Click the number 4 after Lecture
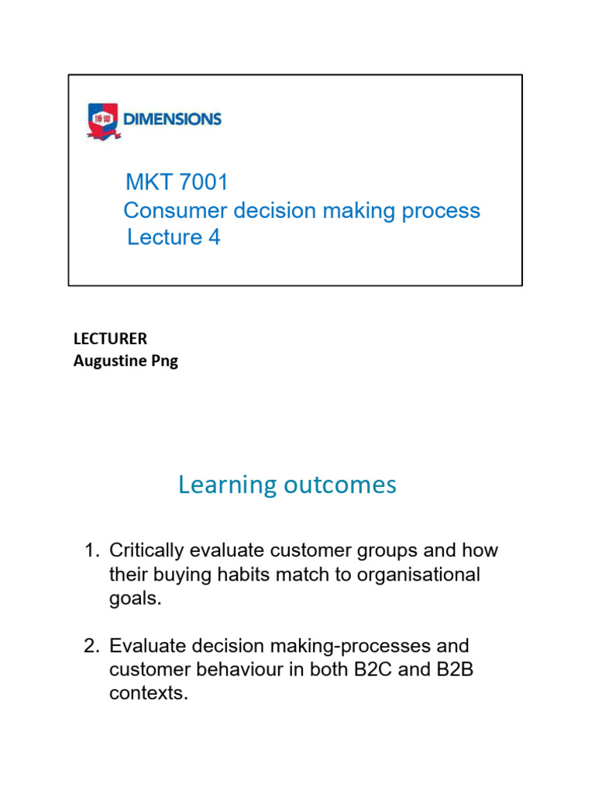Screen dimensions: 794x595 [x=214, y=237]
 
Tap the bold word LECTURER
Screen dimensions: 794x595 [x=110, y=339]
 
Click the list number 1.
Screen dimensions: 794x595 [x=91, y=551]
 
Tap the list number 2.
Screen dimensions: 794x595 [x=91, y=646]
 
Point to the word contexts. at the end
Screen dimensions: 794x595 [x=149, y=694]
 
